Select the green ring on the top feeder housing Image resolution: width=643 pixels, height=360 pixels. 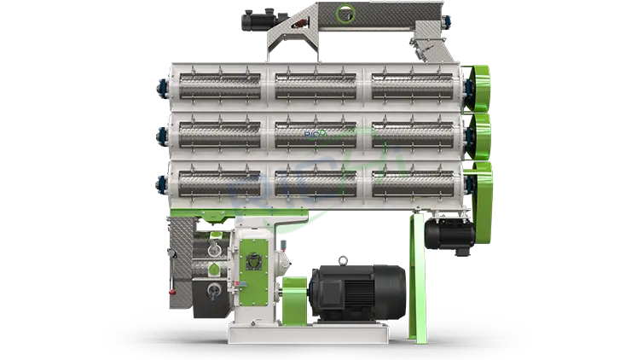(344, 14)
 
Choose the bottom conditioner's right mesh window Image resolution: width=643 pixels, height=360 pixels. (415, 183)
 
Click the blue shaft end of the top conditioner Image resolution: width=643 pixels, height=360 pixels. (159, 86)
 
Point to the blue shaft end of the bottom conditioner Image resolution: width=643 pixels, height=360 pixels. (159, 182)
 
